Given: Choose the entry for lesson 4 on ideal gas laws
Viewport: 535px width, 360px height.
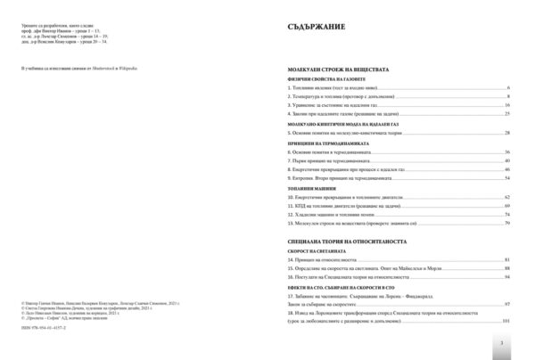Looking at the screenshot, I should [339, 114].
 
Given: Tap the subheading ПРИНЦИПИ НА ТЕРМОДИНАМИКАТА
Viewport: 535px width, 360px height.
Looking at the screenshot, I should [317, 143].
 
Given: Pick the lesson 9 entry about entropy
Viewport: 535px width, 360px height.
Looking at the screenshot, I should [335, 176].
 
